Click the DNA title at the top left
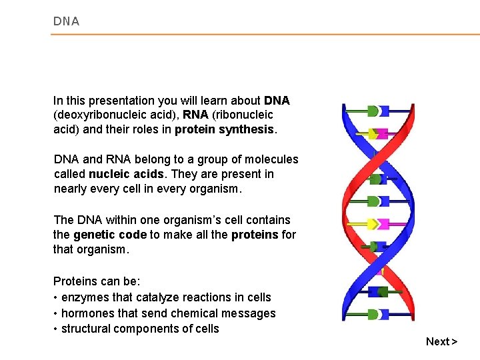(x=66, y=21)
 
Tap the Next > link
(x=441, y=341)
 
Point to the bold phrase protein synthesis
(x=225, y=129)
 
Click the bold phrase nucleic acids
(x=127, y=174)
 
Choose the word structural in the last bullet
(x=86, y=329)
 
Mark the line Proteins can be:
(x=96, y=281)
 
